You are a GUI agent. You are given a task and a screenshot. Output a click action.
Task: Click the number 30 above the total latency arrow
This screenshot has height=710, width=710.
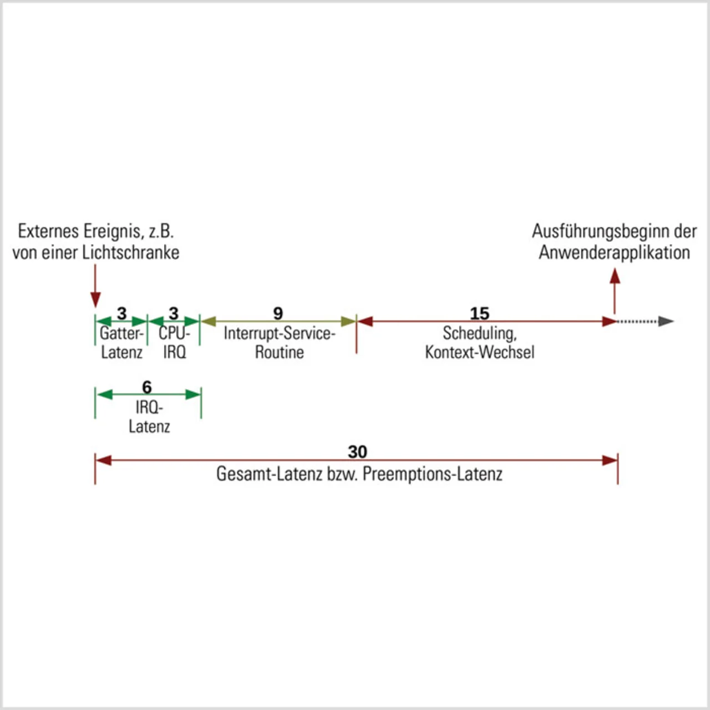[x=357, y=452]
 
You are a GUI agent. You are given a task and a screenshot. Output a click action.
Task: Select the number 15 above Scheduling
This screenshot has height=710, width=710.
[x=480, y=313]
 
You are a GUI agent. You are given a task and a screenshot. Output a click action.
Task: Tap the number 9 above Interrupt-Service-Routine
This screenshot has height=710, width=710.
[x=278, y=313]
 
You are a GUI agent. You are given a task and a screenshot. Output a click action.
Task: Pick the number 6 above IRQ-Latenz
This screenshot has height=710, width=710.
[x=147, y=387]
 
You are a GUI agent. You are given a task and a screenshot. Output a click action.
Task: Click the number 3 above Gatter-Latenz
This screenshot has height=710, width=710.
[x=121, y=313]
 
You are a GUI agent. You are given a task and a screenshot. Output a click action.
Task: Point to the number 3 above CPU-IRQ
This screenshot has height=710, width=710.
[x=174, y=313]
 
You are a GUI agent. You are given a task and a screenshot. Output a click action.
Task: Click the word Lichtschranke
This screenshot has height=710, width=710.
[x=130, y=252]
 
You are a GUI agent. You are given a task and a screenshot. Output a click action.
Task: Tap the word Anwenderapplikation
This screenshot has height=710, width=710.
[x=614, y=252]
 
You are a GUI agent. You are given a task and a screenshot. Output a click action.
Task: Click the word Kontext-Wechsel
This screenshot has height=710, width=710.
[x=480, y=352]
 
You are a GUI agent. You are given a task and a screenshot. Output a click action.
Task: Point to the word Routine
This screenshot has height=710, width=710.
[x=279, y=352]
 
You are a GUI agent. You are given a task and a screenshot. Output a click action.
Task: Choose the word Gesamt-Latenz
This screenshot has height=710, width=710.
[x=269, y=474]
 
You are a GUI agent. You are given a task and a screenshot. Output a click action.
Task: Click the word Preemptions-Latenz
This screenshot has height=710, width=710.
[x=433, y=474]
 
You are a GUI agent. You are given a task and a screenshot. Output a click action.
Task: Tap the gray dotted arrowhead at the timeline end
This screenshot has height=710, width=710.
[x=666, y=321]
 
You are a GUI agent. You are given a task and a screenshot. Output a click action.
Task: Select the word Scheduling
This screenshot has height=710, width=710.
[x=479, y=333]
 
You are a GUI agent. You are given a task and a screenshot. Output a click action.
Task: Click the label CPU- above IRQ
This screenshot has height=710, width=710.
[x=174, y=333]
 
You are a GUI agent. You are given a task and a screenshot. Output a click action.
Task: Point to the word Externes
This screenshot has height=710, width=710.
[x=48, y=231]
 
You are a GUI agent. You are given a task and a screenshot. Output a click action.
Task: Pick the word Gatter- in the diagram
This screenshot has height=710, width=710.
[x=121, y=333]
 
